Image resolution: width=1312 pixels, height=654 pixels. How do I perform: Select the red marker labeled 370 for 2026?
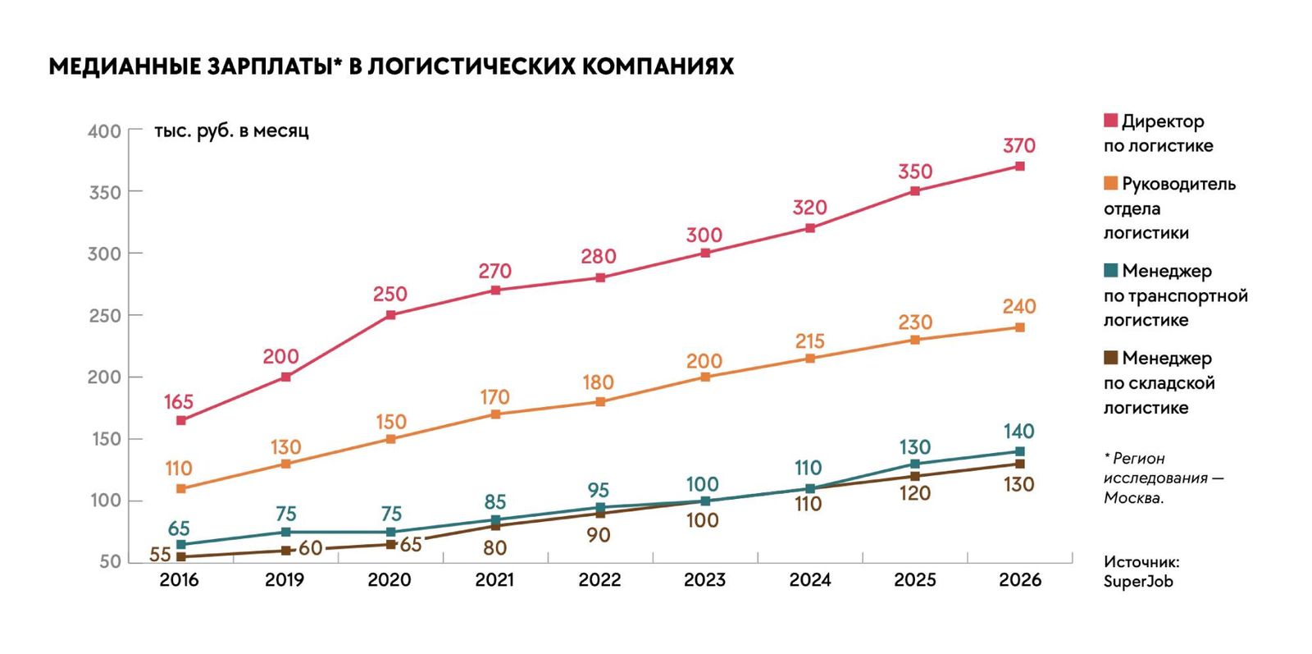pos(1020,167)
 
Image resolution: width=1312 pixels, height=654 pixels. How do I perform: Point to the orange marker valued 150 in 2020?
pos(390,439)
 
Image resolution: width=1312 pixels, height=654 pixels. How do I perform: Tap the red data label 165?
pos(179,402)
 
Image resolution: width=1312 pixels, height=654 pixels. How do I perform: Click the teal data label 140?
pos(1019,432)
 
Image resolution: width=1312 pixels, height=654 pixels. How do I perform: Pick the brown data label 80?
pos(495,548)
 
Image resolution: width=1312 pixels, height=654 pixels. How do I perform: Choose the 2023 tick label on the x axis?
pos(704,580)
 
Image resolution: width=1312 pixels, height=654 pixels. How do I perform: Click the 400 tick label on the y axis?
pos(104,131)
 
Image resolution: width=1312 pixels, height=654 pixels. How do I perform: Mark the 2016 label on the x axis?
pos(180,580)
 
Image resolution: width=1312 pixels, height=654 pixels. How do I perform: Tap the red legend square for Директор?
pos(1110,121)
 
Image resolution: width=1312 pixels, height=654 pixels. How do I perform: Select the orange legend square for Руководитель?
pos(1110,184)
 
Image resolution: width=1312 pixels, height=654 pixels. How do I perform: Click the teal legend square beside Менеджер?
pos(1110,270)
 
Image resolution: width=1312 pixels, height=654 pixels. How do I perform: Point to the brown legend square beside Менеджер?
pos(1110,358)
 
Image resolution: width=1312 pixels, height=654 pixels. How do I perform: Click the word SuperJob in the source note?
pos(1139,581)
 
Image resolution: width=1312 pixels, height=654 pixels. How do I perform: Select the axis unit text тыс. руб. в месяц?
pos(231,130)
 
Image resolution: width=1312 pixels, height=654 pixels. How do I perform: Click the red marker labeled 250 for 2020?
pos(390,315)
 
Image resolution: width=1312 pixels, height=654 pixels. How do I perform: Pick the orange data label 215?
pos(810,341)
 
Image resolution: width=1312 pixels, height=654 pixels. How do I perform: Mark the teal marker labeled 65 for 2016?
pos(181,544)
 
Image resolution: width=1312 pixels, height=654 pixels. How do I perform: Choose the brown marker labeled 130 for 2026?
pos(1020,464)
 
